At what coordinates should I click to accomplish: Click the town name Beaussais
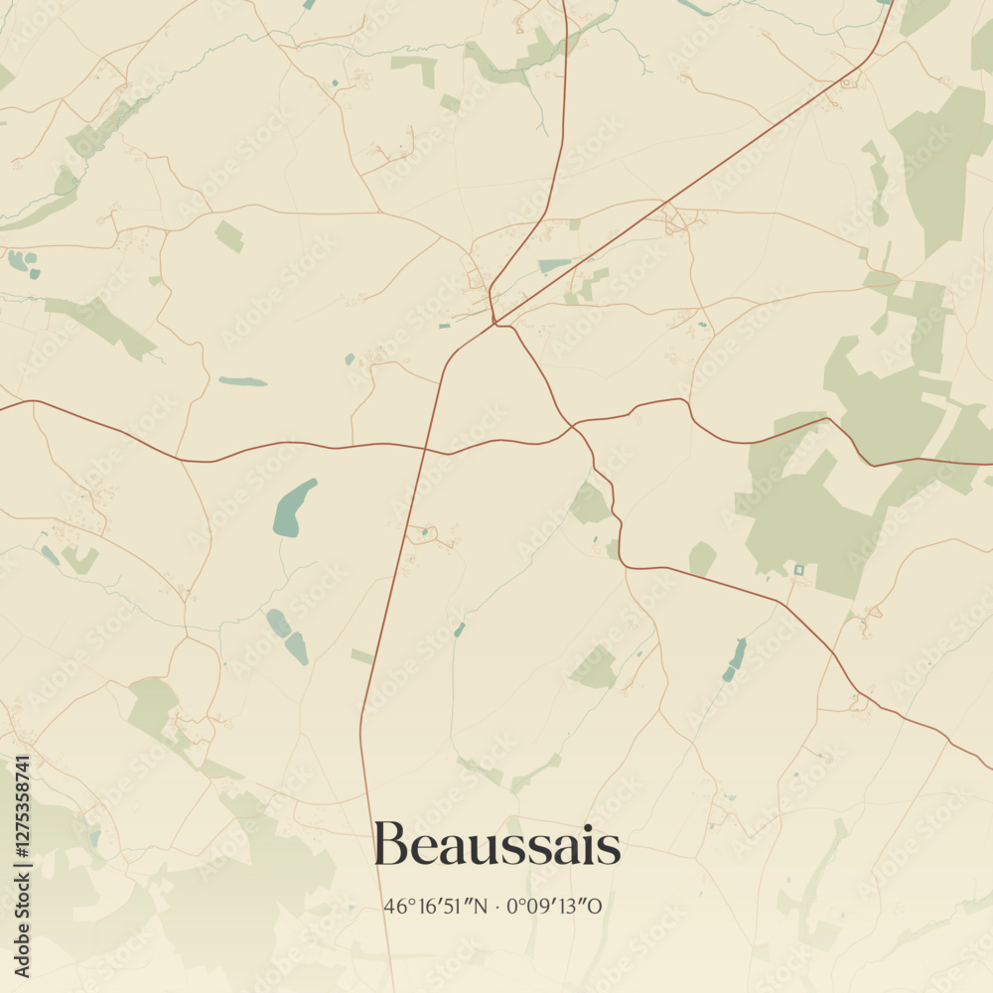pos(497,846)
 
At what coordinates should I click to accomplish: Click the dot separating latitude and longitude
pos(496,907)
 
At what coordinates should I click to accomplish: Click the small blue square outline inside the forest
pos(799,570)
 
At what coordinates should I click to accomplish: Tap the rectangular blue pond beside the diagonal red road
pos(555,265)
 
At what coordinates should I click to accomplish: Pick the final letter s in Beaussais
pos(610,849)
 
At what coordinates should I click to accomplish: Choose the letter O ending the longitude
pos(596,907)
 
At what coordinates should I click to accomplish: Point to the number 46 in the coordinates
pos(393,907)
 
